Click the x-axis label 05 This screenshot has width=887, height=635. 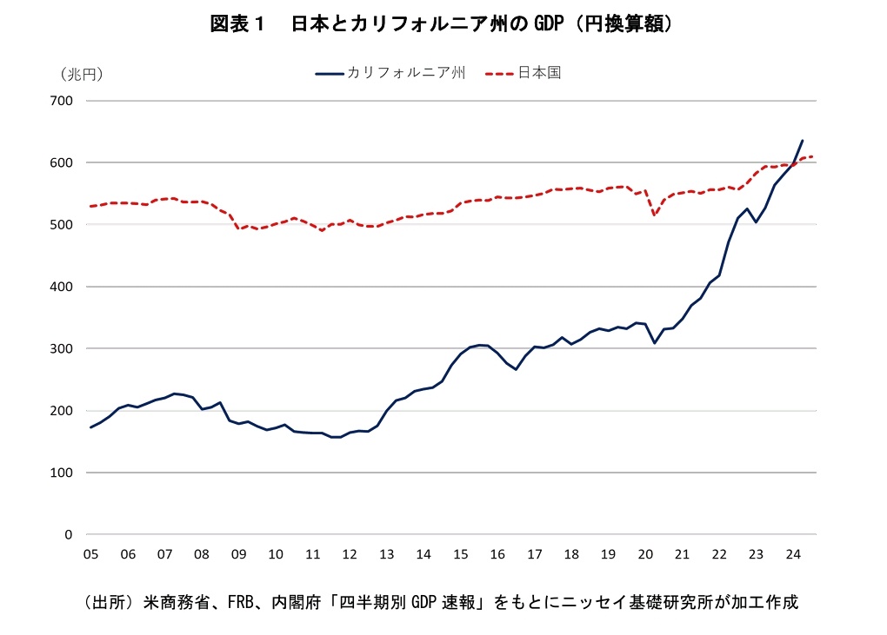(90, 554)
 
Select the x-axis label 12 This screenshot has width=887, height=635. (350, 554)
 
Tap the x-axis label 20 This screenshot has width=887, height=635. (645, 554)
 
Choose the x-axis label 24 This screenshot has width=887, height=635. (792, 554)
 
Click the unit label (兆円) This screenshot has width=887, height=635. (82, 74)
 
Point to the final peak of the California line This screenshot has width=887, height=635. (802, 141)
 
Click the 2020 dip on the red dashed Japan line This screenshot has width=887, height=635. (655, 215)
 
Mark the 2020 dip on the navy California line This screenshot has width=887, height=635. (655, 342)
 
